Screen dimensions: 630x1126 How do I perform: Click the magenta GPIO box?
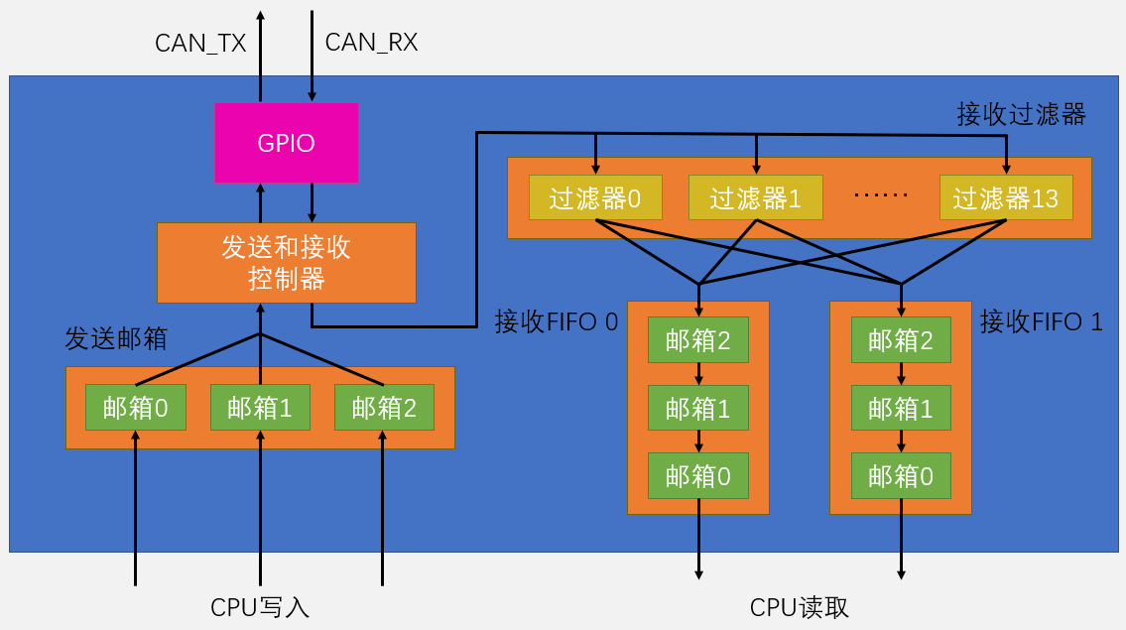(x=286, y=143)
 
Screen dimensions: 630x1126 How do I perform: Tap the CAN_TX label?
(x=200, y=43)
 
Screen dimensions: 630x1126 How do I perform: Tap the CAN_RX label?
(x=371, y=43)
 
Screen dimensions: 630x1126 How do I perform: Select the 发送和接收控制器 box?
(x=286, y=263)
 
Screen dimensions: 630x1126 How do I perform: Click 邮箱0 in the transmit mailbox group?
(x=136, y=408)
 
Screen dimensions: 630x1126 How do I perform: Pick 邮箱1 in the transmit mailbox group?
(x=260, y=408)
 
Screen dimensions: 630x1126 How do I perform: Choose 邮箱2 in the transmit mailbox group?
(x=384, y=408)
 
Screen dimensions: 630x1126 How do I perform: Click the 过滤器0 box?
(x=595, y=198)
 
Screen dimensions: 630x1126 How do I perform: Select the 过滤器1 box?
(x=755, y=198)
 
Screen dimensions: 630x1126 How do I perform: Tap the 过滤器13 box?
(x=1006, y=198)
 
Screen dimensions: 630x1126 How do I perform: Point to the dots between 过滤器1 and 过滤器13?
(x=881, y=195)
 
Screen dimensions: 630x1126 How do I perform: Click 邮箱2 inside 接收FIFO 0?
(x=698, y=340)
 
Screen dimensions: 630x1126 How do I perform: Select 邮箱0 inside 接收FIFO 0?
(x=698, y=476)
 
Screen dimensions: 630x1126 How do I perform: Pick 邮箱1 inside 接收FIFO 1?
(x=901, y=408)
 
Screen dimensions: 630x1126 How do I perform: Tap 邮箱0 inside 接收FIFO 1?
(x=901, y=476)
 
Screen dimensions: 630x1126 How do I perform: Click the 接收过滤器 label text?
(x=1021, y=113)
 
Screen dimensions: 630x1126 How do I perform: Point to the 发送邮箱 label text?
(x=115, y=338)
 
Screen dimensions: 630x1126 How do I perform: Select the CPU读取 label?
(x=800, y=607)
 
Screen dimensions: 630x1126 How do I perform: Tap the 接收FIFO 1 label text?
(x=1041, y=321)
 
